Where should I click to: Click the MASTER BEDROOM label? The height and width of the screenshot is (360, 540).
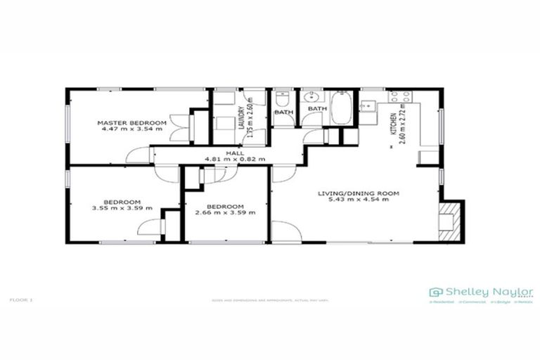pos(131,123)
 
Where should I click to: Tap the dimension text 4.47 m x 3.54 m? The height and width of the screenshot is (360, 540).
pos(131,130)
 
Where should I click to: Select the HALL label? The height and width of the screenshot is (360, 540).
pos(234,153)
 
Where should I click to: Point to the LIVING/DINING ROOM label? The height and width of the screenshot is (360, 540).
pos(358,193)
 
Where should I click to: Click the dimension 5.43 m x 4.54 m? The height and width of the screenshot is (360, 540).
pos(358,200)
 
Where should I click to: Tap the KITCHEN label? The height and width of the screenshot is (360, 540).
pos(392,117)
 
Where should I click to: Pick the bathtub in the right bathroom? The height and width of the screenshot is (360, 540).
pos(342,108)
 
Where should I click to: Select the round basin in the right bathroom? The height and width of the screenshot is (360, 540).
pos(312,98)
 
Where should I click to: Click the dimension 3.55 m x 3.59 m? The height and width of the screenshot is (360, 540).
pos(117,208)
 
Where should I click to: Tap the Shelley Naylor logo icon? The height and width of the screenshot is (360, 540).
pos(437,292)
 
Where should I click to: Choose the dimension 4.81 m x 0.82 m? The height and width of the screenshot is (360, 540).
pos(234,160)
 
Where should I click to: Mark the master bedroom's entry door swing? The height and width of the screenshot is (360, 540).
pos(141,155)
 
